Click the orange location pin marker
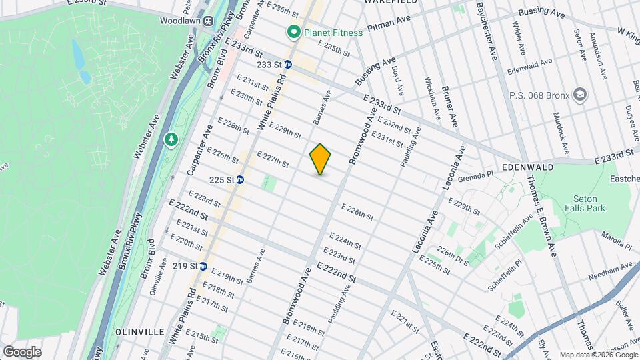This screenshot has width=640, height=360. click(321, 159)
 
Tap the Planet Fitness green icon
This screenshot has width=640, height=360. click(292, 32)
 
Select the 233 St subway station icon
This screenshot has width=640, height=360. click(288, 65)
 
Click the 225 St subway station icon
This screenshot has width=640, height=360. click(240, 180)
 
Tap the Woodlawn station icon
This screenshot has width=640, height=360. click(209, 21)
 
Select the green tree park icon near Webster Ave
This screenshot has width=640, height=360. click(171, 140)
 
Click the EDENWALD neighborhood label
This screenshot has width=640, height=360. click(528, 167)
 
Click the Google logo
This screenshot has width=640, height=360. click(22, 352)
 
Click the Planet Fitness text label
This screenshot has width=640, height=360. click(333, 32)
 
